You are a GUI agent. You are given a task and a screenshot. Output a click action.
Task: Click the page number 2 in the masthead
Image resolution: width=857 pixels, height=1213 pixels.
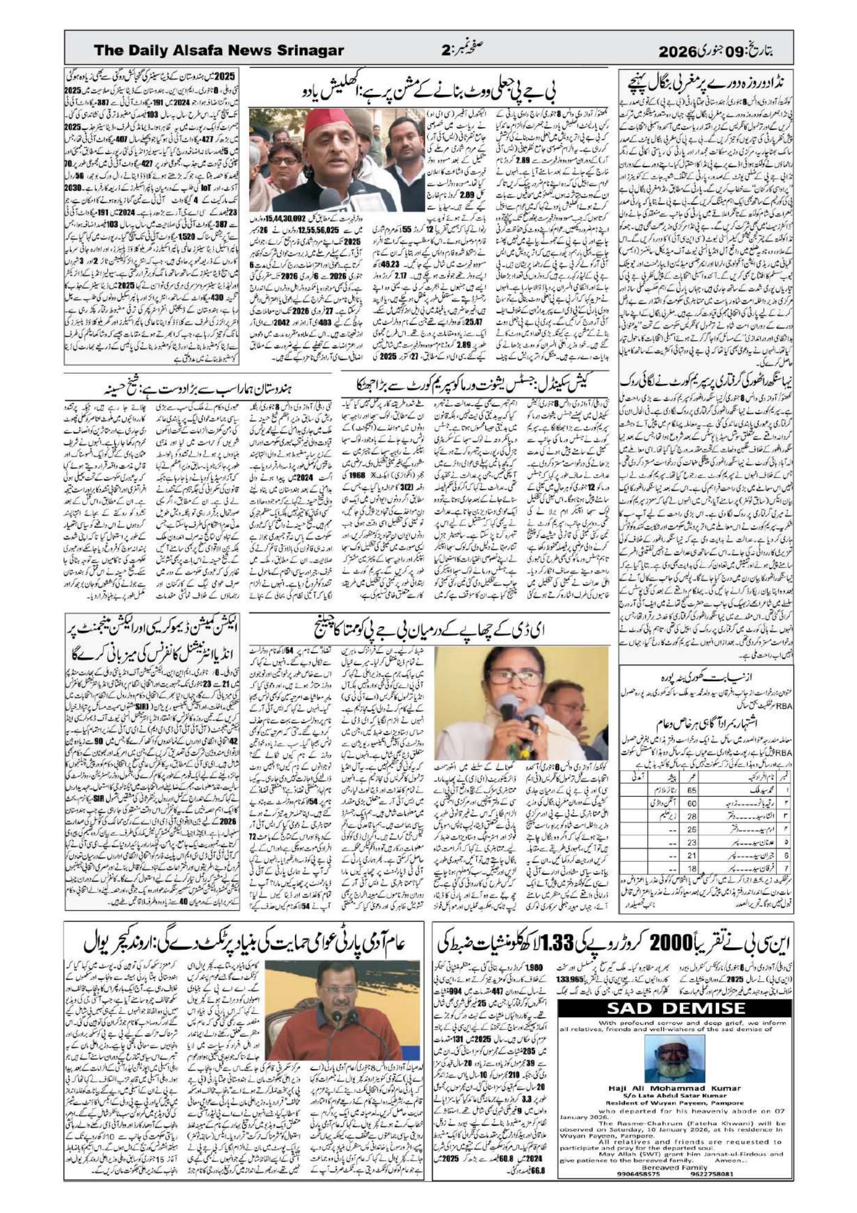pos(445,51)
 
